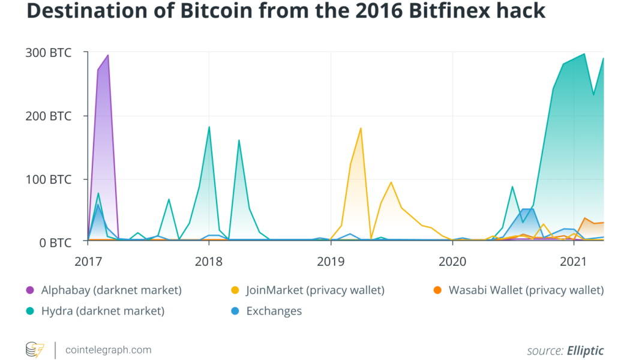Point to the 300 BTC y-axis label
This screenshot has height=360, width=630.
tap(49, 53)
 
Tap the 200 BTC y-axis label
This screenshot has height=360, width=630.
tap(49, 116)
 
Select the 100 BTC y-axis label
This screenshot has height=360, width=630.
tap(49, 179)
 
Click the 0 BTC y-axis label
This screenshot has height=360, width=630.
tap(55, 242)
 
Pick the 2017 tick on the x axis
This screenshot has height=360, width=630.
tap(88, 262)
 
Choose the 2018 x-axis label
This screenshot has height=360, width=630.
tap(209, 262)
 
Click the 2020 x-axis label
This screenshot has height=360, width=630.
tap(452, 262)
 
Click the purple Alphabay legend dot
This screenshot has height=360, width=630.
tap(30, 291)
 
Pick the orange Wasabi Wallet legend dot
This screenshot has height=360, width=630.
tap(437, 291)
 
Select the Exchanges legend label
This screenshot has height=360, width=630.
tap(274, 311)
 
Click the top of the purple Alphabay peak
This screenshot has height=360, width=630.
tap(107, 55)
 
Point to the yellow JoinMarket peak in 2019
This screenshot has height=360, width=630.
tap(361, 128)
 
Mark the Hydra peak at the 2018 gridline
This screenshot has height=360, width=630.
tap(209, 127)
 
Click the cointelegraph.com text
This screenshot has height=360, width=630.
tap(108, 350)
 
